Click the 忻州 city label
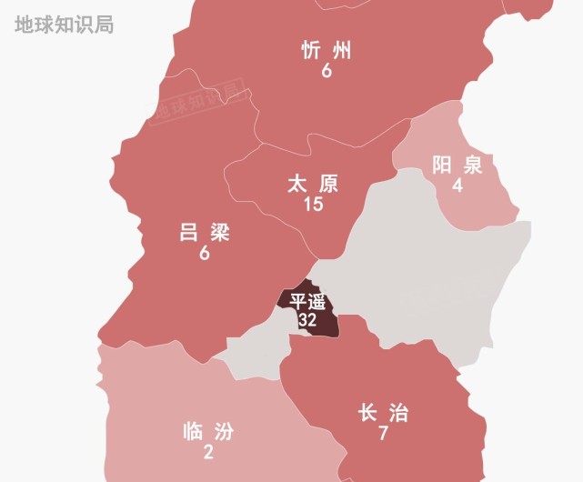[x=326, y=50]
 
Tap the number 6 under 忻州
[x=326, y=70]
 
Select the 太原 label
[x=313, y=185]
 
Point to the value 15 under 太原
[x=313, y=205]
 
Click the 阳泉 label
[x=457, y=166]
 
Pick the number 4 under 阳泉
[x=457, y=186]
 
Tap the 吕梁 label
[x=205, y=233]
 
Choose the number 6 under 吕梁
[x=205, y=254]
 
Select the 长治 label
[x=383, y=414]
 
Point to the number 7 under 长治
[x=383, y=434]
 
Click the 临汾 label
[x=208, y=432]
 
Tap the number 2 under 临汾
[x=208, y=453]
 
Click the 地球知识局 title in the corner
[x=64, y=25]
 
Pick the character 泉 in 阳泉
[x=471, y=166]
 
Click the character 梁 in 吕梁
[x=218, y=233]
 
